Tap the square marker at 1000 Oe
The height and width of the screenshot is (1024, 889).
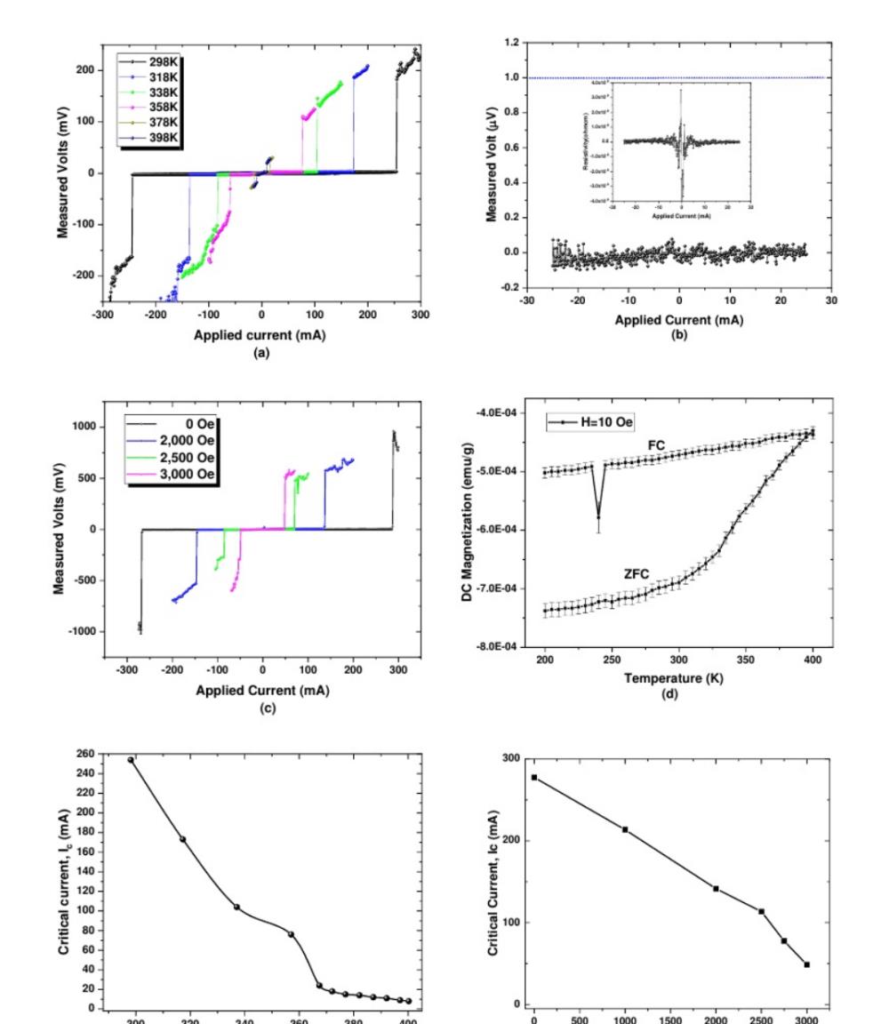(x=625, y=829)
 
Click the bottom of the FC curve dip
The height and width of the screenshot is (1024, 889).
(x=598, y=517)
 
